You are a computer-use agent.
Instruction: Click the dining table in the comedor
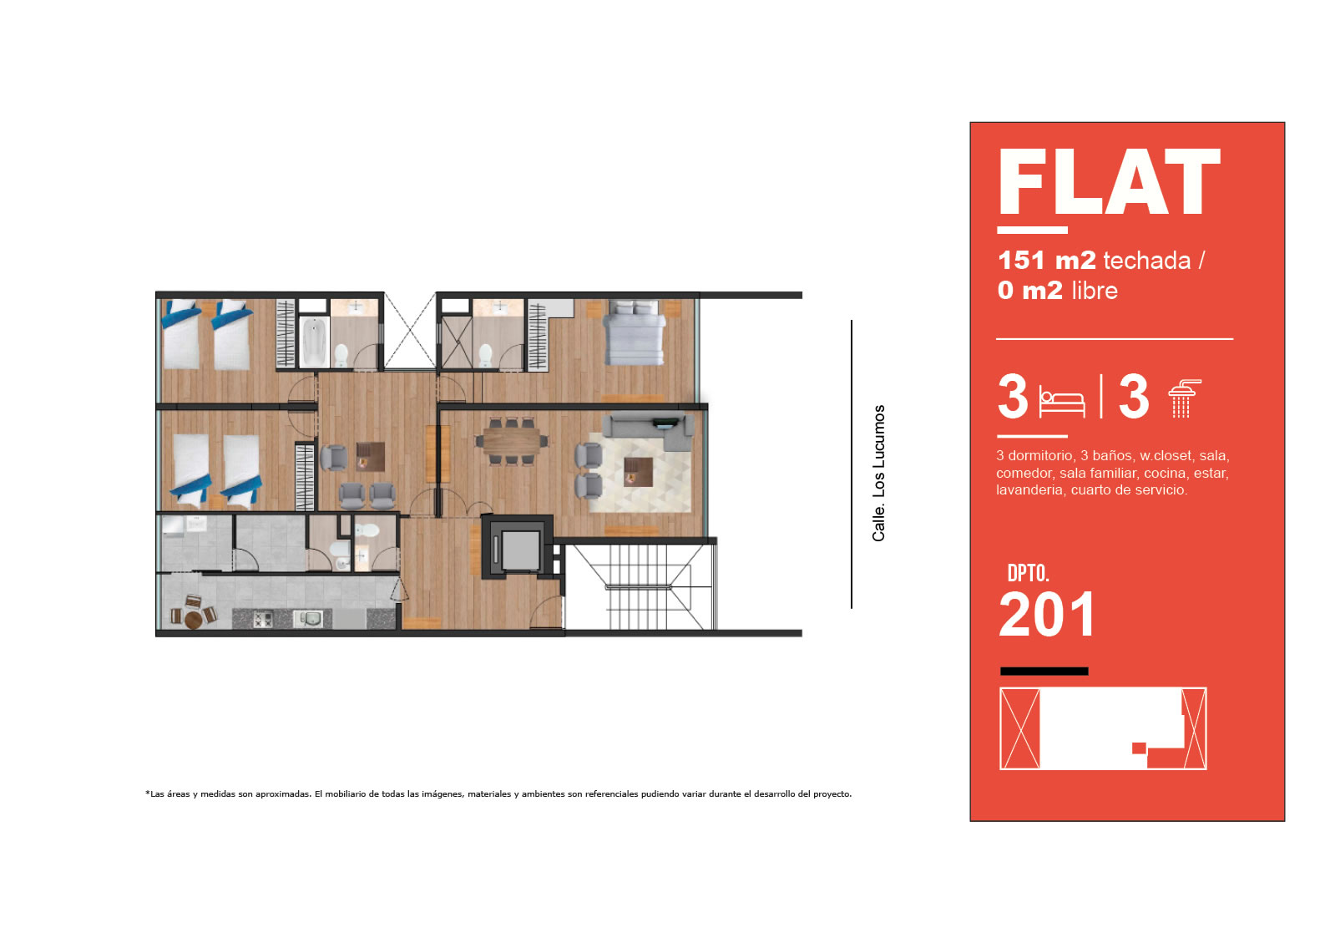(x=513, y=441)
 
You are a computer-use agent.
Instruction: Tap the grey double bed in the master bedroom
(x=635, y=332)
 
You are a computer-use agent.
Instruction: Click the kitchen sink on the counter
(x=308, y=619)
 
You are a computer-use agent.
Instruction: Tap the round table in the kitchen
(x=194, y=621)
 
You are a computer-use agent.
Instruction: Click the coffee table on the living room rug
(x=638, y=472)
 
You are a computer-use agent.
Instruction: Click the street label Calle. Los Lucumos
(x=878, y=473)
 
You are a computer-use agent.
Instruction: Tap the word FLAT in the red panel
(x=1109, y=182)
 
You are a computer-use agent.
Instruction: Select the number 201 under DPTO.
(x=1046, y=615)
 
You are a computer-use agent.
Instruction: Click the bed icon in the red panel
(x=1062, y=403)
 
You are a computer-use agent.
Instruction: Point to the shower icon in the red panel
(x=1184, y=398)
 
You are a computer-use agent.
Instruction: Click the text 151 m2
(x=1046, y=261)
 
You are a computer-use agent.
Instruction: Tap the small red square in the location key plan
(x=1139, y=748)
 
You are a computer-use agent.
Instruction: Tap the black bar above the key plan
(x=1044, y=671)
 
